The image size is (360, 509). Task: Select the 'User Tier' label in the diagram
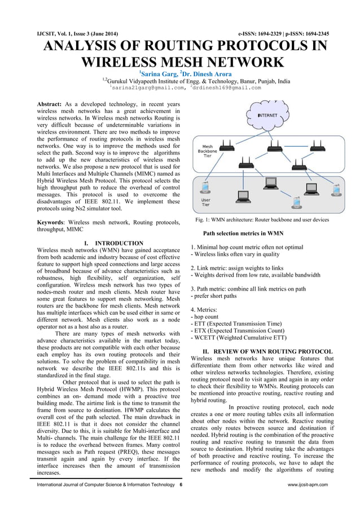207,202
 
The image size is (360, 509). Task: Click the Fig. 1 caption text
261,219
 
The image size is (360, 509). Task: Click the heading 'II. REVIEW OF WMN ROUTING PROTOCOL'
267,352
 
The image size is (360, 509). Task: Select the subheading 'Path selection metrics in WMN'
243,233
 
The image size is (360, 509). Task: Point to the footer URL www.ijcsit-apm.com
308,484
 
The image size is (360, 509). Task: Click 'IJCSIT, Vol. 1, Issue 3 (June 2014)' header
73,34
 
